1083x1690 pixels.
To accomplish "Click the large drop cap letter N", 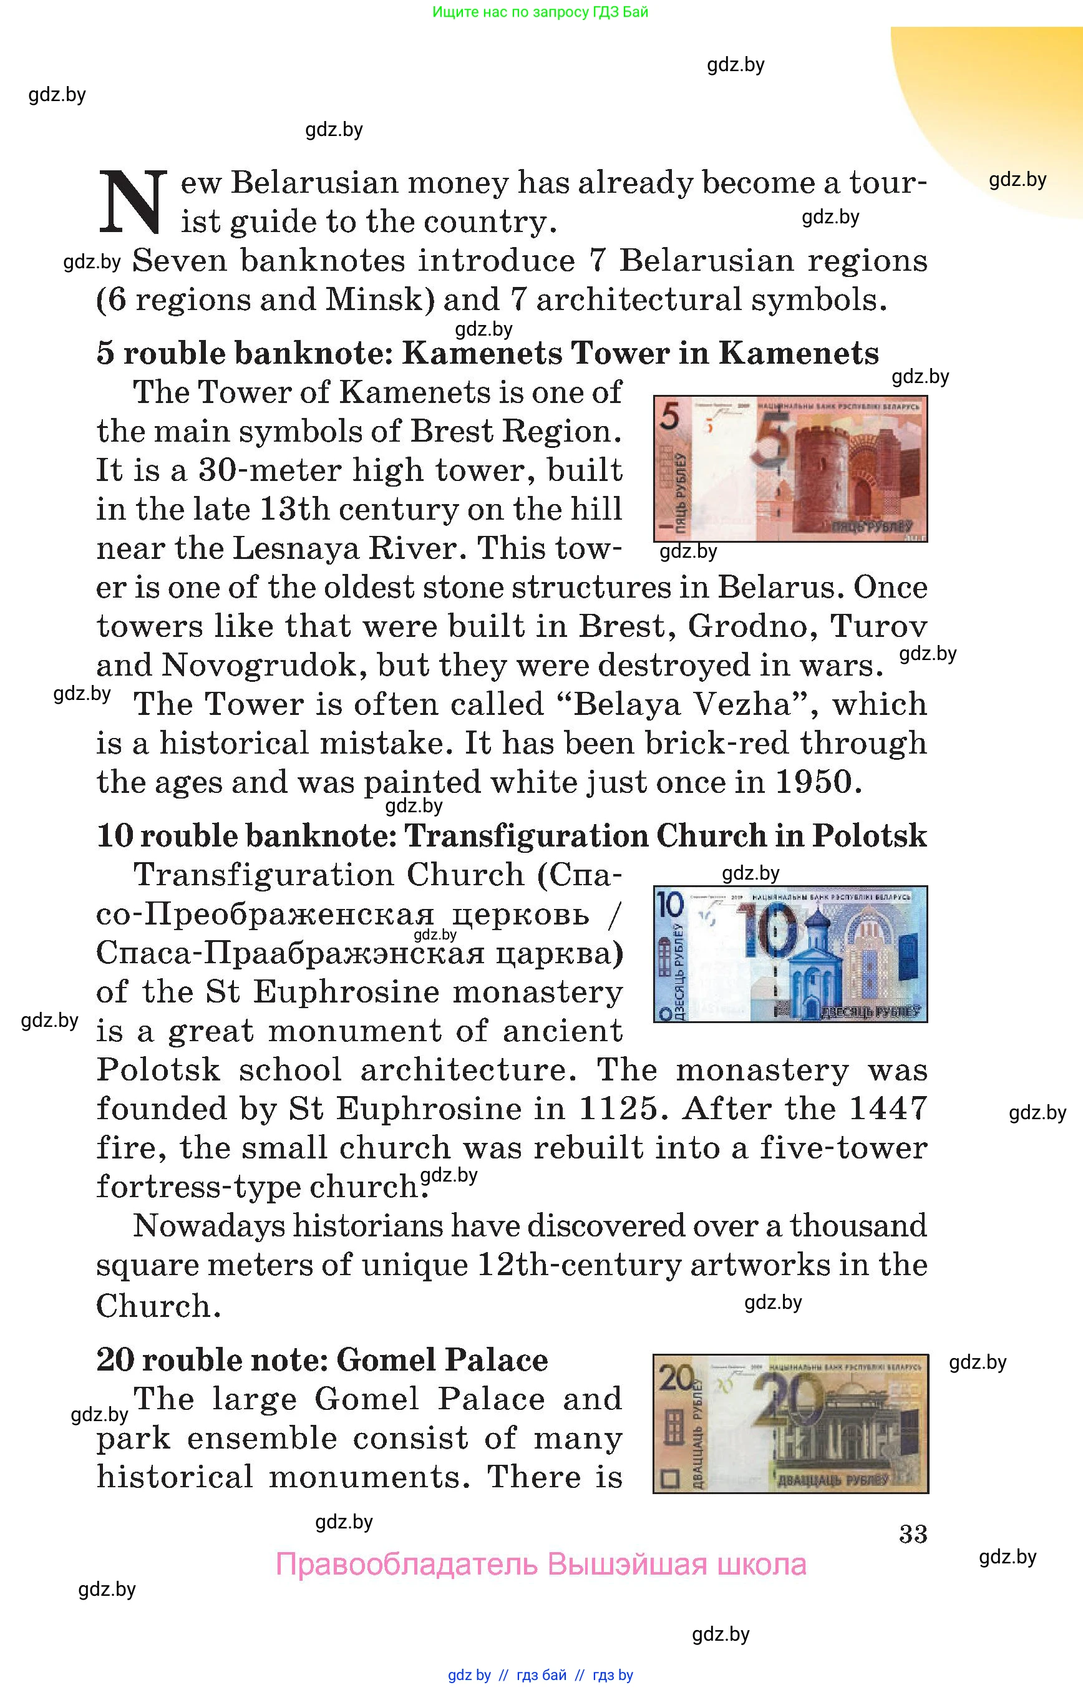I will point(133,202).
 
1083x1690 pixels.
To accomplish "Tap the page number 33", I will point(913,1534).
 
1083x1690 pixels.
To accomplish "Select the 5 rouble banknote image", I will point(790,469).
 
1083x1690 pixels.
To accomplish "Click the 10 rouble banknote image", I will point(790,954).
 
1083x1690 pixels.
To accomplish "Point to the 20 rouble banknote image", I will point(790,1423).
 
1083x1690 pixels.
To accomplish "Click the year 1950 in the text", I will point(813,782).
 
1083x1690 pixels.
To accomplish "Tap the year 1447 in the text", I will point(888,1109).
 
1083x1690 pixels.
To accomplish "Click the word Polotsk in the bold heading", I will point(869,836).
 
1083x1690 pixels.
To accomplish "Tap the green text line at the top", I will point(540,12).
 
